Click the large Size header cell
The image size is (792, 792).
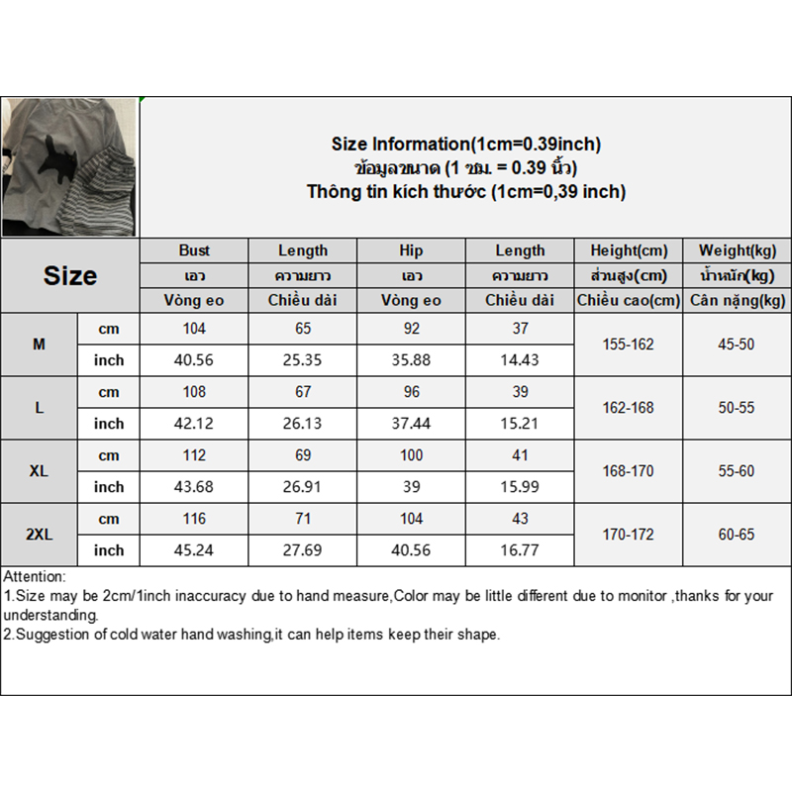(x=69, y=275)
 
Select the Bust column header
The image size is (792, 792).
(x=194, y=250)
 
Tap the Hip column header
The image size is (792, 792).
(x=411, y=250)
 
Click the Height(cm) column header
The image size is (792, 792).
(x=628, y=250)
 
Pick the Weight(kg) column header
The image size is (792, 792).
(x=737, y=250)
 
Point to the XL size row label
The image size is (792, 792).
(x=39, y=471)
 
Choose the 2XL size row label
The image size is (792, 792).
(x=39, y=535)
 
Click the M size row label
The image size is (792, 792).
(x=39, y=345)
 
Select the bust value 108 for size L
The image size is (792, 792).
(x=194, y=392)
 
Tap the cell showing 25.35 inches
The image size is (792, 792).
(x=303, y=360)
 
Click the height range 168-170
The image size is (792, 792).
(x=628, y=471)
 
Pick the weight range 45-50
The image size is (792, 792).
(x=737, y=345)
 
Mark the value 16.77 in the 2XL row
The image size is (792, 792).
(x=520, y=550)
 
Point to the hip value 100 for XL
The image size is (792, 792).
(x=411, y=455)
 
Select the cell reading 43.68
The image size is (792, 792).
(x=194, y=487)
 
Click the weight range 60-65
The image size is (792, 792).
(x=737, y=535)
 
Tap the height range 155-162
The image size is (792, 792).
(x=628, y=345)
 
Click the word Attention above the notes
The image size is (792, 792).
(x=35, y=576)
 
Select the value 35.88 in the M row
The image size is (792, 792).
(x=411, y=360)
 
